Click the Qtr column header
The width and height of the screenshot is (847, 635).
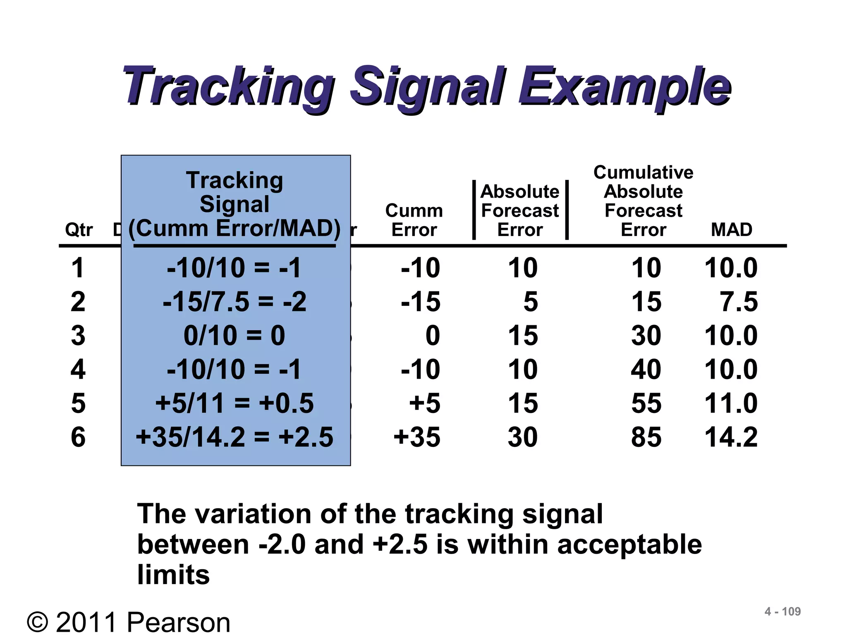coord(79,229)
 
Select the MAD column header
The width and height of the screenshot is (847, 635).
coord(731,229)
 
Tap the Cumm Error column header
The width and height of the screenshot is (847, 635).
coord(414,220)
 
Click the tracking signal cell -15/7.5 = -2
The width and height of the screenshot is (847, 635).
coord(234,301)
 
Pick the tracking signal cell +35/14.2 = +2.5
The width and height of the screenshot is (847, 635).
coord(234,437)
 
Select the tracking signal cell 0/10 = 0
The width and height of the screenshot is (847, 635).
coord(234,335)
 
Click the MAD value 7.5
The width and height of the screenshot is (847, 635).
coord(739,301)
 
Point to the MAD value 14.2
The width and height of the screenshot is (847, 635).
coord(731,437)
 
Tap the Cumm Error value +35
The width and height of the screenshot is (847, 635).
coord(417,437)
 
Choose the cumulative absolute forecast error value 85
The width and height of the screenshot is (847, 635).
coord(646,437)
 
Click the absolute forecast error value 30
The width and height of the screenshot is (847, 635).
coord(523,437)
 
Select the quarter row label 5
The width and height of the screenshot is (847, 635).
coord(78,403)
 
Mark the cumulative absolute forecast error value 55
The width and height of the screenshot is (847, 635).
coord(646,403)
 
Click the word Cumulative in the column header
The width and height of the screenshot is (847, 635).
coord(643,172)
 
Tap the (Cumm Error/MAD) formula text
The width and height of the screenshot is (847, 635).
coord(234,228)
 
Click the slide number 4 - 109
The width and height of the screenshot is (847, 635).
coord(782,611)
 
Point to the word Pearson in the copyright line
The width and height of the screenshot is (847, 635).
coord(178,623)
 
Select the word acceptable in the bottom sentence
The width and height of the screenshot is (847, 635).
coord(629,544)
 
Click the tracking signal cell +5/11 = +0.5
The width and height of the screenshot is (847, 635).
coord(234,403)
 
